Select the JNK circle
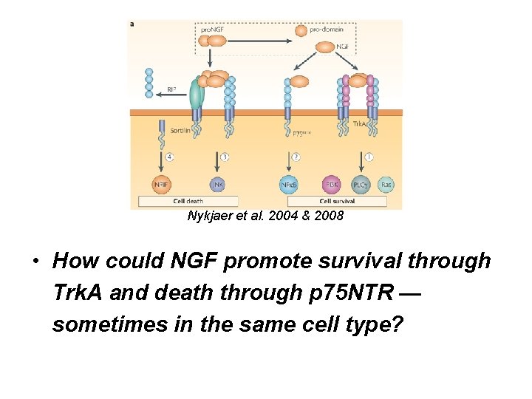click(x=218, y=184)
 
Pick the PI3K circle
click(x=332, y=184)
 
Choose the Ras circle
click(x=386, y=184)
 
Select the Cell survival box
click(x=336, y=201)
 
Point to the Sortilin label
click(x=181, y=129)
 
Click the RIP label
click(x=171, y=89)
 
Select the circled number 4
click(x=169, y=157)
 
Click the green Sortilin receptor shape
click(x=196, y=95)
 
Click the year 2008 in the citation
click(x=328, y=217)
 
